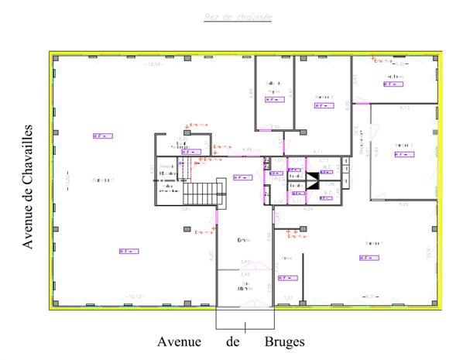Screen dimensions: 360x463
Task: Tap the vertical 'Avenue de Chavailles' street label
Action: (x=28, y=186)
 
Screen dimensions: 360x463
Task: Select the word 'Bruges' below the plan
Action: (x=283, y=341)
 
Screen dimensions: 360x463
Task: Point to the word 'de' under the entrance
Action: (x=234, y=341)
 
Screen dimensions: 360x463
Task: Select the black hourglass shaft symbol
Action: (x=314, y=182)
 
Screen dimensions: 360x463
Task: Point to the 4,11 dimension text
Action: (x=317, y=151)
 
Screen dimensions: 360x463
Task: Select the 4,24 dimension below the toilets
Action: (x=308, y=209)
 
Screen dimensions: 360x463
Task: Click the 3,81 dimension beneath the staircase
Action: (x=186, y=210)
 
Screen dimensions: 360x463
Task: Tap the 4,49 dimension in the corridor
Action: (x=247, y=149)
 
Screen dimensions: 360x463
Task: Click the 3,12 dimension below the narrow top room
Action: (x=276, y=125)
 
